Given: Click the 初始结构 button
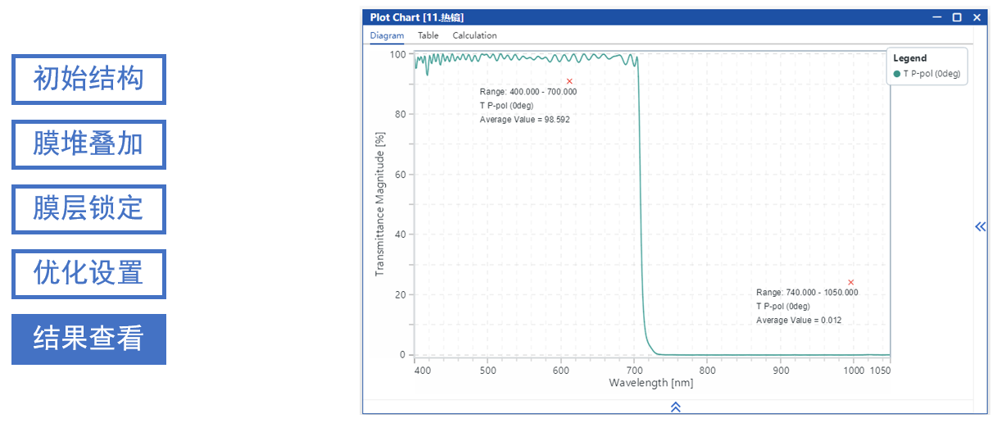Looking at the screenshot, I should coord(88,80).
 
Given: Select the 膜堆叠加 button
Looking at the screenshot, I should coord(88,144).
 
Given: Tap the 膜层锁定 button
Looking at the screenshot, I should coord(88,209).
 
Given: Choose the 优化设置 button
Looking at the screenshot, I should coord(88,274).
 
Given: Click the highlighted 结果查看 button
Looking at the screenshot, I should coord(88,339).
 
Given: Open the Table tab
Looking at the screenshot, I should coord(428,35).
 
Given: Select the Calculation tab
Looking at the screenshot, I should coord(474,35).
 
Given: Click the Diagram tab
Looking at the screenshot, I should coord(387,35).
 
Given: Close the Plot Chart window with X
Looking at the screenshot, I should coord(977,17).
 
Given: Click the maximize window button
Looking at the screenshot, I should coord(957,17).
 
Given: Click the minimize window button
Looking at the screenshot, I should coord(937,17).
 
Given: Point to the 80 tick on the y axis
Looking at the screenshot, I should coord(400,114).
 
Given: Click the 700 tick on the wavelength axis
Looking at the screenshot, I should coord(634,371).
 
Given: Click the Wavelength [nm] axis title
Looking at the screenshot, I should coord(650,383).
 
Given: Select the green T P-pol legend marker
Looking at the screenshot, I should coord(897,74).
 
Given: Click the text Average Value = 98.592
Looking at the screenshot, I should coord(524,120).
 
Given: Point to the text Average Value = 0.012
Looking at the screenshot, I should coord(799,321).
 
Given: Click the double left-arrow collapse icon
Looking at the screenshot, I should coord(980,227).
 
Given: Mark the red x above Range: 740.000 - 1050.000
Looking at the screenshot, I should coord(851,283).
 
